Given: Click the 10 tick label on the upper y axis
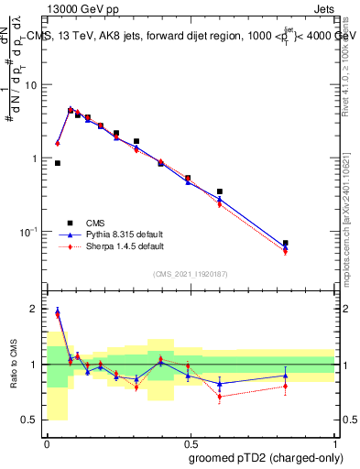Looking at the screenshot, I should (30, 84).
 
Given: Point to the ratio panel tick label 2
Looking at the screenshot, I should (35, 309).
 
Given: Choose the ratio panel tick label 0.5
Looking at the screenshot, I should (31, 420).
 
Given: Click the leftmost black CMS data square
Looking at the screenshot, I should (58, 163).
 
